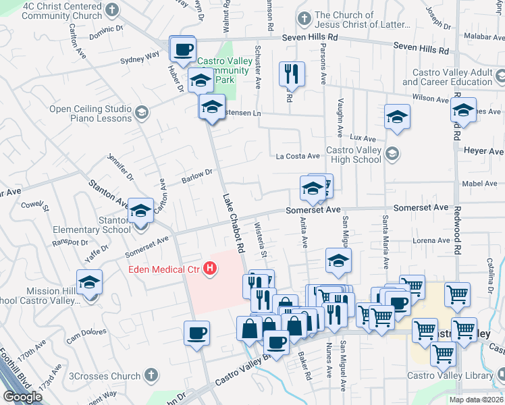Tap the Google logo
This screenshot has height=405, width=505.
pyautogui.click(x=22, y=397)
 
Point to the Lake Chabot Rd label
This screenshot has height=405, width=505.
pyautogui.click(x=233, y=223)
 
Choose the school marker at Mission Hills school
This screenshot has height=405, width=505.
pyautogui.click(x=89, y=283)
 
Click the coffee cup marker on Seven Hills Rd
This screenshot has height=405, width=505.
pyautogui.click(x=183, y=49)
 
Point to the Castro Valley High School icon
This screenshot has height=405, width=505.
pyautogui.click(x=392, y=155)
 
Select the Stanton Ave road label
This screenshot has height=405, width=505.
pyautogui.click(x=108, y=194)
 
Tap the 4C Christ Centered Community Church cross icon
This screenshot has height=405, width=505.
pyautogui.click(x=111, y=10)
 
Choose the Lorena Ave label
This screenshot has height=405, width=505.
pyautogui.click(x=433, y=240)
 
